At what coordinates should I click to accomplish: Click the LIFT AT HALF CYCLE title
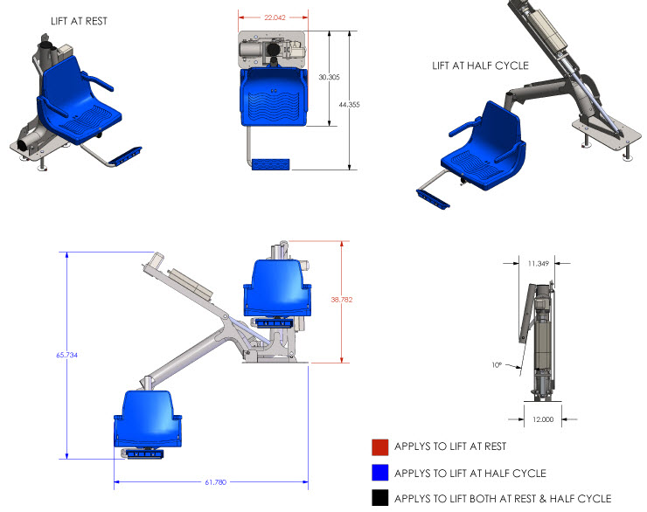click(x=480, y=65)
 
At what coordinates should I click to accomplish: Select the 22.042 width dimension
click(x=273, y=17)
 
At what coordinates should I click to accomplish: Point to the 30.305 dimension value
click(x=329, y=78)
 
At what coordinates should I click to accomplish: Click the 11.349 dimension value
click(x=539, y=262)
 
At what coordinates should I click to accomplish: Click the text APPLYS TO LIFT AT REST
click(x=450, y=446)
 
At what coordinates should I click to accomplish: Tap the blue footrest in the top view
click(x=271, y=164)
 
